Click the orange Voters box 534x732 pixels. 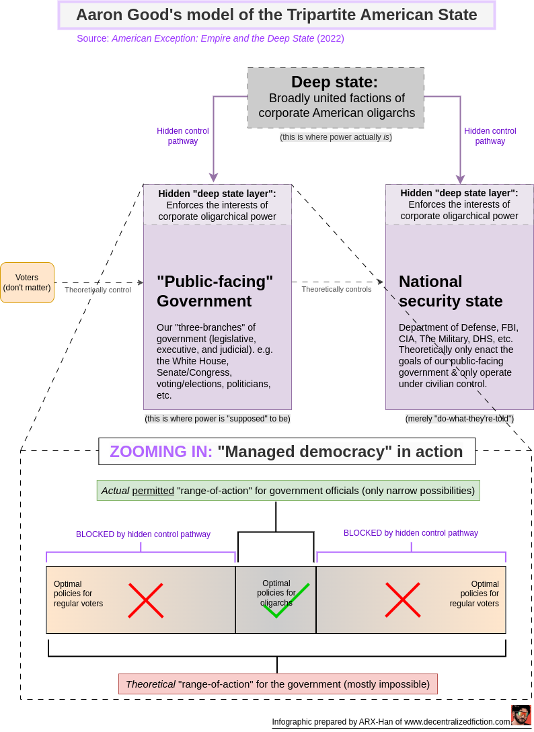tap(27, 282)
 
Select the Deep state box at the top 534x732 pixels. tap(336, 97)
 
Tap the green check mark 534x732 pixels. tap(287, 600)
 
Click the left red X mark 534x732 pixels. tap(146, 600)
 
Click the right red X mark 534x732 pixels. tap(403, 600)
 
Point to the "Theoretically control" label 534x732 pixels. tap(98, 290)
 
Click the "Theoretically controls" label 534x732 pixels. tap(336, 289)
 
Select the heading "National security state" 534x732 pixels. tap(451, 291)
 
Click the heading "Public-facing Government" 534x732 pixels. tap(215, 291)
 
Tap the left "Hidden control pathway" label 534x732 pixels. tap(183, 136)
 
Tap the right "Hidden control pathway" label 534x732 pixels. tap(490, 136)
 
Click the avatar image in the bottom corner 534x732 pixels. tap(521, 715)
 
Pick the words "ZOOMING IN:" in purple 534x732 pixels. tap(161, 452)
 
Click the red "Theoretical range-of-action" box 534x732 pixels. tap(278, 684)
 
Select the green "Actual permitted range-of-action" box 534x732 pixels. tap(288, 491)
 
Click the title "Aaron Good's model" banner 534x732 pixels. tap(276, 15)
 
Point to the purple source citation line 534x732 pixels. tap(211, 38)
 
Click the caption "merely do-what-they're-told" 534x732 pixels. tap(459, 418)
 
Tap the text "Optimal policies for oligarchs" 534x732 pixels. tap(276, 593)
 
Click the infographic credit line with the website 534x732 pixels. tap(391, 722)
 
